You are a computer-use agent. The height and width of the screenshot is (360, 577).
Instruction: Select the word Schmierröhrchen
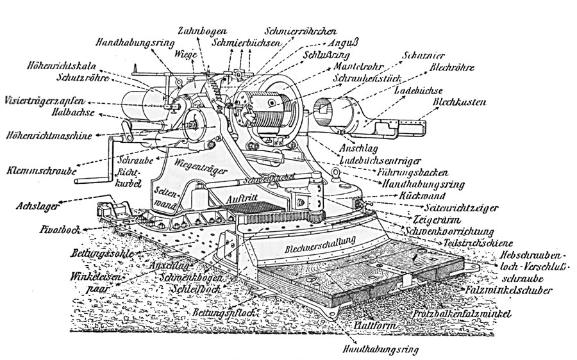click(x=301, y=31)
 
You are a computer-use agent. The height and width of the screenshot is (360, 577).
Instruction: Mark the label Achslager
click(x=36, y=206)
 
